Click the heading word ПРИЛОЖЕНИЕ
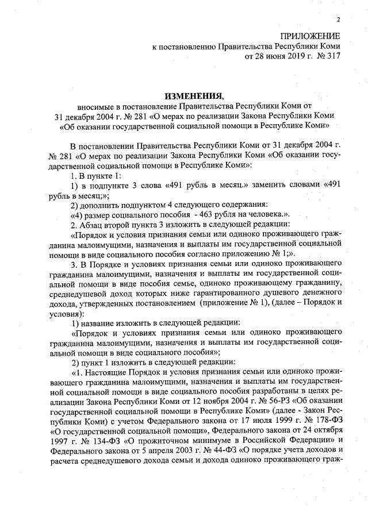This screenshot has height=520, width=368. pos(309,36)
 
